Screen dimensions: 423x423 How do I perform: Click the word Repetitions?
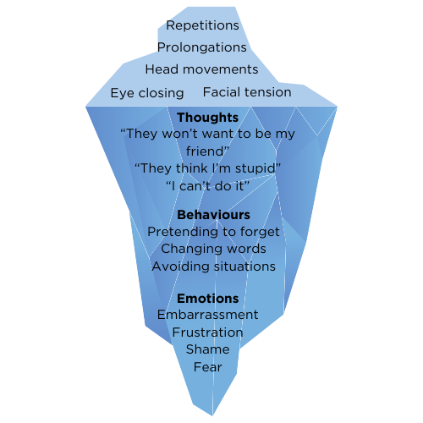coord(202,25)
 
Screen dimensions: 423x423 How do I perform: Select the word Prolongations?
coord(202,47)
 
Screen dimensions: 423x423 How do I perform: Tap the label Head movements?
coord(201,69)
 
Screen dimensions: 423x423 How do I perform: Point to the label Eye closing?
coord(147,93)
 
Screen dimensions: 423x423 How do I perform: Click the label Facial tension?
coord(247,92)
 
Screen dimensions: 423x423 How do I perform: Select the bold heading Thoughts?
coord(208,118)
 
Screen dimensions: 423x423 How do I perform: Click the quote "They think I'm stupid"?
coord(208,168)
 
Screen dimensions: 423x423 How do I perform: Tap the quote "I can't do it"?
coord(207,186)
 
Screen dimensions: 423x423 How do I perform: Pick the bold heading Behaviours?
coord(213,215)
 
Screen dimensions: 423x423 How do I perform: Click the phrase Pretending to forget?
coord(213,232)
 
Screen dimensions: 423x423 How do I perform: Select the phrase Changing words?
coord(213,250)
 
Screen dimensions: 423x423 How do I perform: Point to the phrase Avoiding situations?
coord(214,266)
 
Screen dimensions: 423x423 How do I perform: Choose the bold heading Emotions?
coord(208,299)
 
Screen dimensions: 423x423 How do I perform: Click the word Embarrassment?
coord(208,315)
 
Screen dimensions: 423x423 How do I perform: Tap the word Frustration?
coord(208,332)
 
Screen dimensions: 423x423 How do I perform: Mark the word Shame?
coord(208,349)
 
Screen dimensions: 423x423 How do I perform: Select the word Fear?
coord(208,367)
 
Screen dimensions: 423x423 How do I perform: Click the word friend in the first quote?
coord(205,151)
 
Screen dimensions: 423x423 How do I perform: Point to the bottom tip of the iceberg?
coord(212,415)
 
